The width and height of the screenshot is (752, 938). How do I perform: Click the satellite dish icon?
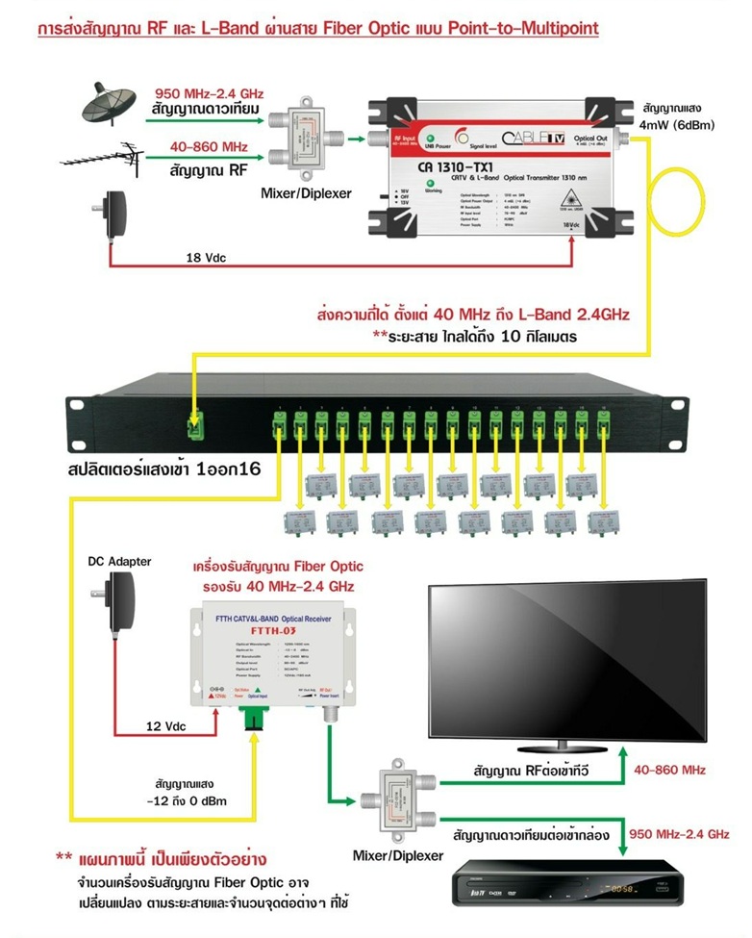click(107, 103)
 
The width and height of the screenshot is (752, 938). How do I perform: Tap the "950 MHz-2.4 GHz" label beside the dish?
click(209, 93)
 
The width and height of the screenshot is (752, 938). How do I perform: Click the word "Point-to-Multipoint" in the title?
click(524, 29)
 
